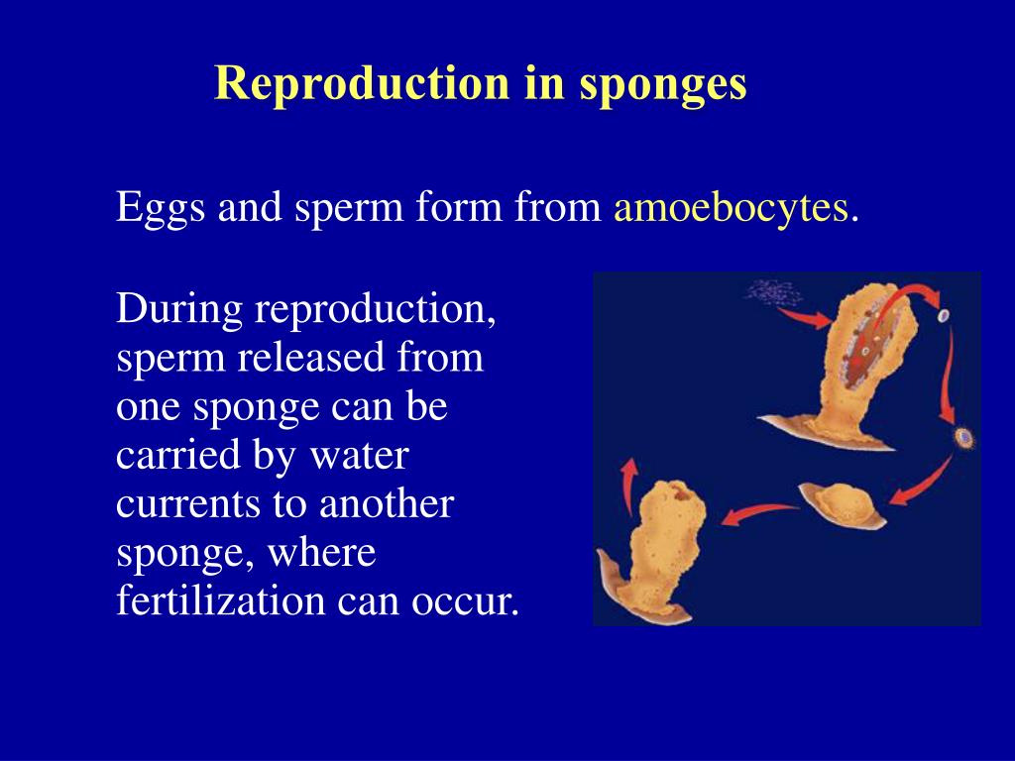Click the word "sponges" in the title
click(662, 84)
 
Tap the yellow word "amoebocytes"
click(732, 208)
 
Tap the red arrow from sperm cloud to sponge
click(804, 317)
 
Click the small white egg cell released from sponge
click(943, 316)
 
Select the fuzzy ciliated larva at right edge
click(961, 436)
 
